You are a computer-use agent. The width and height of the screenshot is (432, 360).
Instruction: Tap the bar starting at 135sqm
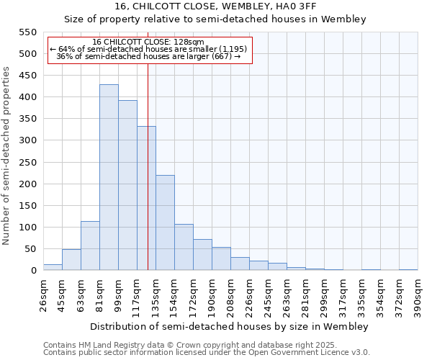[x=165, y=222]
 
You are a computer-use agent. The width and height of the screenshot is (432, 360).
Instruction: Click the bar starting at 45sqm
[x=71, y=260]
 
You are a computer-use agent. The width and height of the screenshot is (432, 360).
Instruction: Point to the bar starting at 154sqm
[x=184, y=247]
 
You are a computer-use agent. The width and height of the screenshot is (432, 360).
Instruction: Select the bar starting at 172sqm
[x=202, y=255]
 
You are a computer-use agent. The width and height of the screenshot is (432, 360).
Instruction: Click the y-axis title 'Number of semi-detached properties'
[x=6, y=156]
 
